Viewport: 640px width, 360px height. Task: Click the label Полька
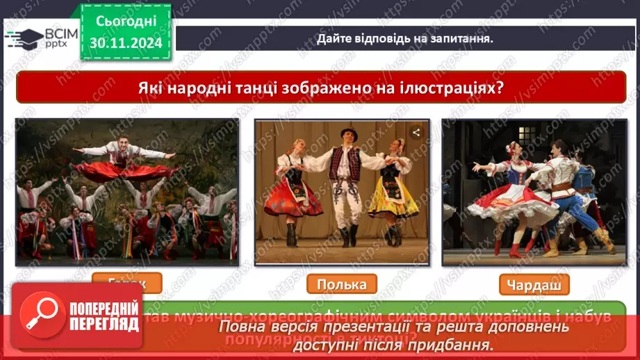tap(341, 284)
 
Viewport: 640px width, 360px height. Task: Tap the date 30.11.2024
tap(125, 42)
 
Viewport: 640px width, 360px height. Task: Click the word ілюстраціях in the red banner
tap(444, 89)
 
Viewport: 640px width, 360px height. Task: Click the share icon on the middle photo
tap(416, 132)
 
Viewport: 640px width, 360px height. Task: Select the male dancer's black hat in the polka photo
tap(348, 133)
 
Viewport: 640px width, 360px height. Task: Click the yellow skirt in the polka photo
tap(393, 198)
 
